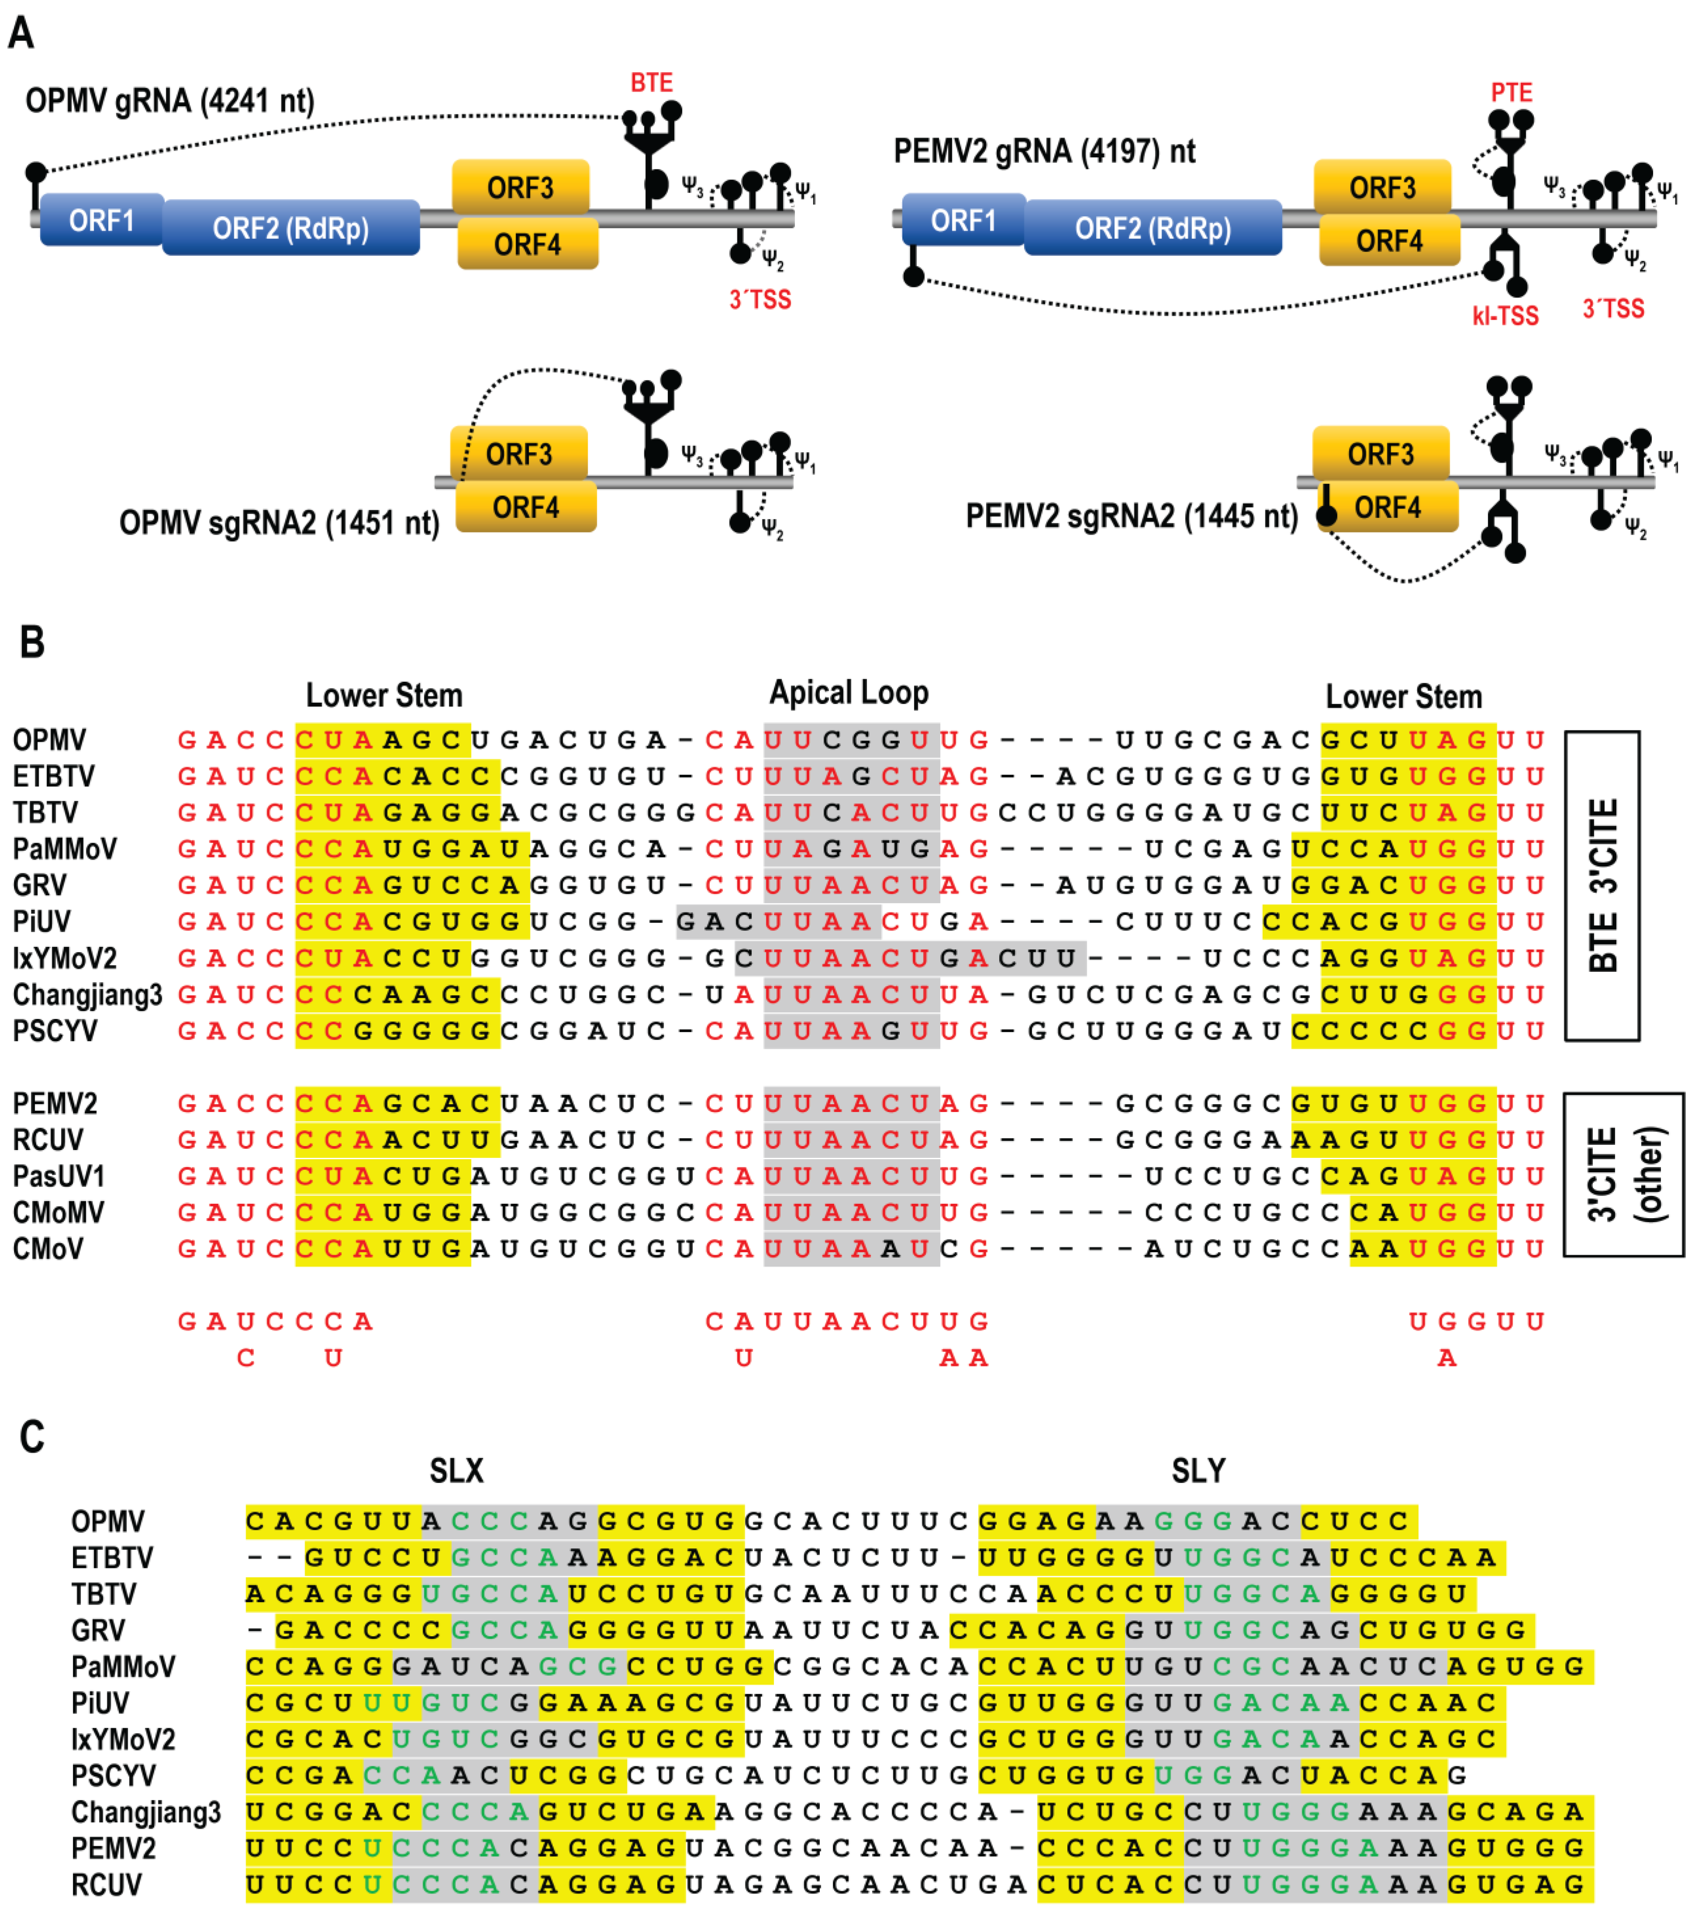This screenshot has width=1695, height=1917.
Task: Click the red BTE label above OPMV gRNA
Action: click(x=650, y=83)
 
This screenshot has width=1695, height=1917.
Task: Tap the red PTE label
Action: click(x=1511, y=93)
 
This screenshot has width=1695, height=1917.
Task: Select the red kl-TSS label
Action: click(x=1505, y=316)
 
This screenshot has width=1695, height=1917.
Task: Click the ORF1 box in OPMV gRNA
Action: click(x=101, y=221)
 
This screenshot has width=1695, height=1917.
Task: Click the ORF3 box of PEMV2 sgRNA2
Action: click(x=1380, y=454)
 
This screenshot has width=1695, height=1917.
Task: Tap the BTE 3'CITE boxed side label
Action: click(x=1602, y=885)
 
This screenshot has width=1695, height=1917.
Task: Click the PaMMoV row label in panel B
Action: click(x=65, y=849)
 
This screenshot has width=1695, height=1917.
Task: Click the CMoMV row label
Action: click(x=58, y=1212)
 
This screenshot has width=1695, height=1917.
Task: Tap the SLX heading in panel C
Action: click(x=457, y=1470)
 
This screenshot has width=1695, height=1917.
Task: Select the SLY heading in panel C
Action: click(x=1198, y=1470)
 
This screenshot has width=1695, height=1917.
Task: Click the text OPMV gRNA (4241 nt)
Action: click(x=170, y=100)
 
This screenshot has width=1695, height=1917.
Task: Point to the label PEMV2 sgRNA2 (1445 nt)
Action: click(x=1131, y=516)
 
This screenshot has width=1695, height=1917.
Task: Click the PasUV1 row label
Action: click(x=58, y=1176)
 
